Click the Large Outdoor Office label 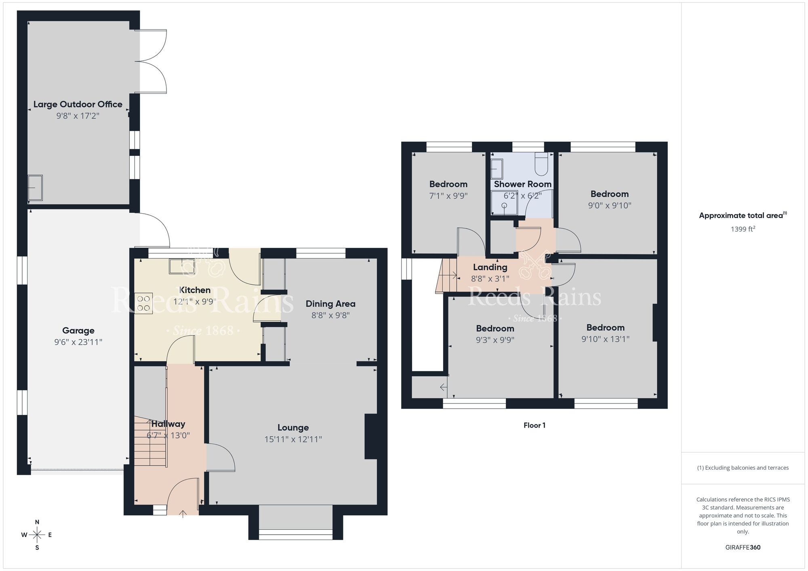[78, 104]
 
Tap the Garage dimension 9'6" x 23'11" [78, 342]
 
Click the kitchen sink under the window [182, 266]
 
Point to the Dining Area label [330, 304]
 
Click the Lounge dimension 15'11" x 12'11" [293, 439]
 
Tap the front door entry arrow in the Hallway [183, 514]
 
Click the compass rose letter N [37, 522]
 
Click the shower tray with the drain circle [504, 203]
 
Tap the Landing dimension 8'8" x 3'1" [490, 279]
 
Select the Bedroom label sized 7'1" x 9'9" [448, 184]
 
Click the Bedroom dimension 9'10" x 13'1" [605, 339]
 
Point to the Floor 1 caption [534, 425]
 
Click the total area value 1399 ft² [743, 229]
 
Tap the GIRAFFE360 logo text [743, 548]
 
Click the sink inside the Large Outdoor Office [35, 188]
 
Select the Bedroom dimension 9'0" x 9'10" [609, 206]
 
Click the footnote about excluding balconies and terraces [743, 468]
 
